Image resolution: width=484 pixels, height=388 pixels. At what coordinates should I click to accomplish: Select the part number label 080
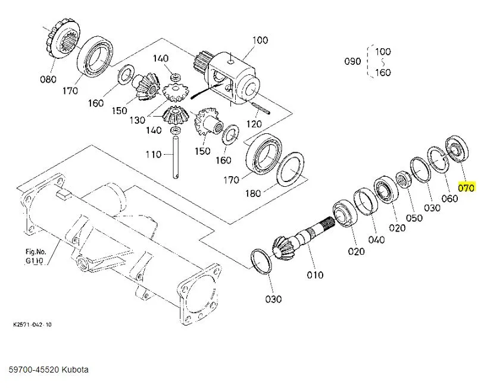pyautogui.click(x=48, y=79)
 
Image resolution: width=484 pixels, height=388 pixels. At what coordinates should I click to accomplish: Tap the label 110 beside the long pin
pyautogui.click(x=154, y=155)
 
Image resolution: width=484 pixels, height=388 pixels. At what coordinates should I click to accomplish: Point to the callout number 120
pyautogui.click(x=254, y=124)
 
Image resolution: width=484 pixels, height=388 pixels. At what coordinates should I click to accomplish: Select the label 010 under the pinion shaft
pyautogui.click(x=315, y=274)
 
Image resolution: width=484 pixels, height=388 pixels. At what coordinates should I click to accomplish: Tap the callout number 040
pyautogui.click(x=376, y=240)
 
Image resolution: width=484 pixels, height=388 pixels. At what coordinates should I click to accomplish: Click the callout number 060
pyautogui.click(x=449, y=198)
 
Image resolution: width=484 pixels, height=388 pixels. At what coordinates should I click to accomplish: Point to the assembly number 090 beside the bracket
pyautogui.click(x=353, y=61)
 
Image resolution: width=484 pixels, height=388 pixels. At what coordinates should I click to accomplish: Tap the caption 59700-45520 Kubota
pyautogui.click(x=48, y=370)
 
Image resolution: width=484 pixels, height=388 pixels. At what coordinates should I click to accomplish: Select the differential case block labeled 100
pyautogui.click(x=235, y=71)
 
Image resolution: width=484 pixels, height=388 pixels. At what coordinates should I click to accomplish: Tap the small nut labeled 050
pyautogui.click(x=402, y=178)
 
